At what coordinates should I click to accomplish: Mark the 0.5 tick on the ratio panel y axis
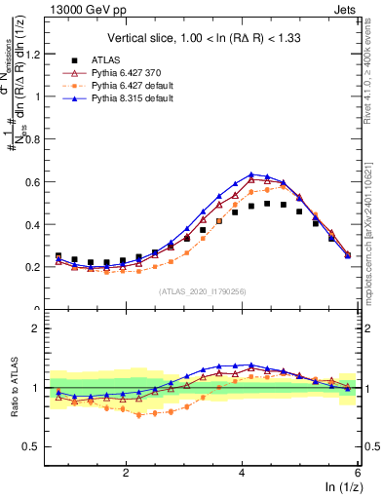coord(41,447)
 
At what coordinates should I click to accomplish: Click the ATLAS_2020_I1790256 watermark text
coord(203,290)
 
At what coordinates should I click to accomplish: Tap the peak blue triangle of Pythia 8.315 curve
coord(251,174)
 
